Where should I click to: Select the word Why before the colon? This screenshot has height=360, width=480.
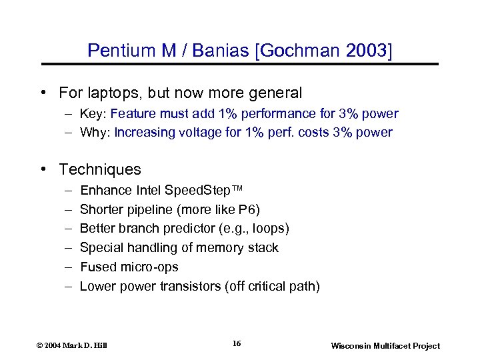(x=93, y=132)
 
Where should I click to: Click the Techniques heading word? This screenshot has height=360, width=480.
(x=100, y=169)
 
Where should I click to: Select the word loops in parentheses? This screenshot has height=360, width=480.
(x=270, y=229)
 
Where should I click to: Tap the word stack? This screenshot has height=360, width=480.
(x=264, y=248)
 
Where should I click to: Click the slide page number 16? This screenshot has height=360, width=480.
(x=237, y=344)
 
